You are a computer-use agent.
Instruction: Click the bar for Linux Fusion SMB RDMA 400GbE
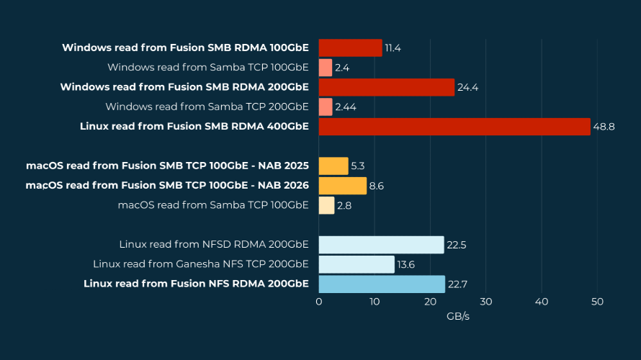point(454,127)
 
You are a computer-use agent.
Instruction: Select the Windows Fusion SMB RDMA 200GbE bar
point(387,87)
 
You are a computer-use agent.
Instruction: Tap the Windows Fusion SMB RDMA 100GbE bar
point(350,48)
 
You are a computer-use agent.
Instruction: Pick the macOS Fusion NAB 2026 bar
point(342,186)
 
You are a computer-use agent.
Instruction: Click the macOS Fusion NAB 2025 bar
point(333,166)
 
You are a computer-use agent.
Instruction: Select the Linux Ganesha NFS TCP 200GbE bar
point(357,264)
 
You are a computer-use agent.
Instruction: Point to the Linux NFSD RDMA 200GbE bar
point(381,245)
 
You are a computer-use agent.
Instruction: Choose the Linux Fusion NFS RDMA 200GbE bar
point(382,284)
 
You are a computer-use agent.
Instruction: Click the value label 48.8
point(604,127)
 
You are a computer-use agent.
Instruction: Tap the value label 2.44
point(346,107)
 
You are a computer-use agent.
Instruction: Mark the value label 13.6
point(405,264)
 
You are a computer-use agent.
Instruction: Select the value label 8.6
point(377,186)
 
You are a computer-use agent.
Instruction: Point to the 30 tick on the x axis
point(485,302)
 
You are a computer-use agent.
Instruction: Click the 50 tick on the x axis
point(597,302)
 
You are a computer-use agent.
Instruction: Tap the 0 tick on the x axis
point(319,302)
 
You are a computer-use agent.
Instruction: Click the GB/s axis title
point(458,316)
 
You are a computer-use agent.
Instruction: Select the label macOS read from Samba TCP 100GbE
point(213,205)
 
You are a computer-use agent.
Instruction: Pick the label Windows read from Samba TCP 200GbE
point(207,107)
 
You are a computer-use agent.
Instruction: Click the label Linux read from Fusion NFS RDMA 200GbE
point(196,284)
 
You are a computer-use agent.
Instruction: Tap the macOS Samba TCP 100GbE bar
point(326,205)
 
